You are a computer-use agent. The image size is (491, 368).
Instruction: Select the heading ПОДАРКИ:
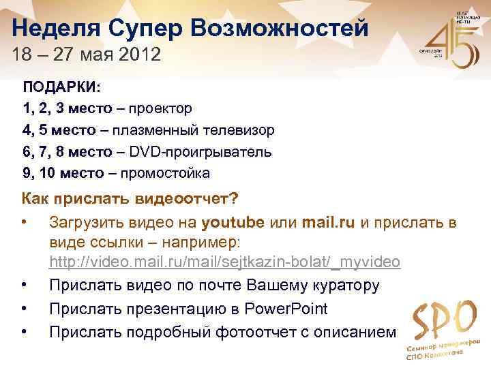click(61, 88)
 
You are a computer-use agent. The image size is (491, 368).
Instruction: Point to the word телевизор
click(240, 130)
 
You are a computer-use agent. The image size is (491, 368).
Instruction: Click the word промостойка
click(166, 173)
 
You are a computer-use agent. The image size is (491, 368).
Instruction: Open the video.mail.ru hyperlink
click(224, 262)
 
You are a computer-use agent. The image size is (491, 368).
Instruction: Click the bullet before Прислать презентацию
click(25, 309)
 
